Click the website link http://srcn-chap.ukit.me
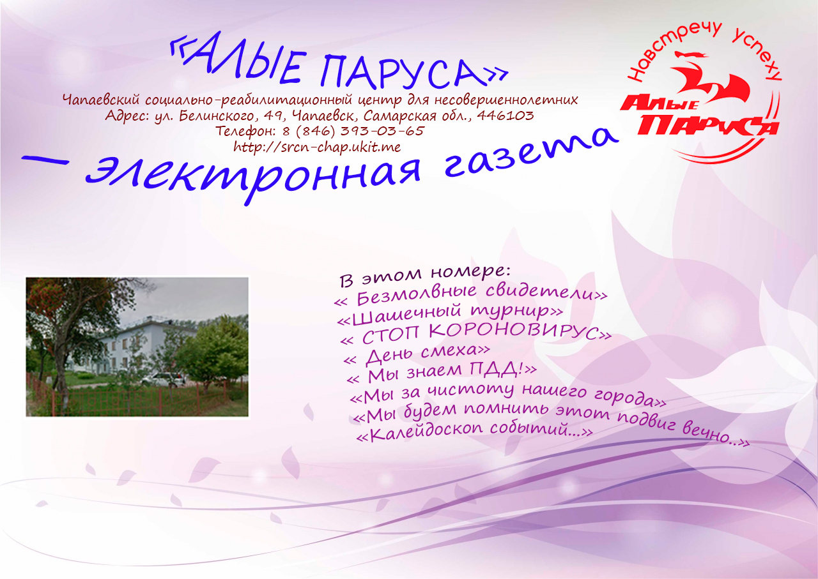(317, 147)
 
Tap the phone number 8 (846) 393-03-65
(353, 131)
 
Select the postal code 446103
(505, 116)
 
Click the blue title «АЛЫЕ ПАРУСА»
(339, 62)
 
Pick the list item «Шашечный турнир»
(450, 314)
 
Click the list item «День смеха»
(417, 355)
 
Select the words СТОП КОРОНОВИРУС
(481, 333)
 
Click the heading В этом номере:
(425, 276)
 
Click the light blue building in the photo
(132, 347)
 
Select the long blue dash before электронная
(45, 160)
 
